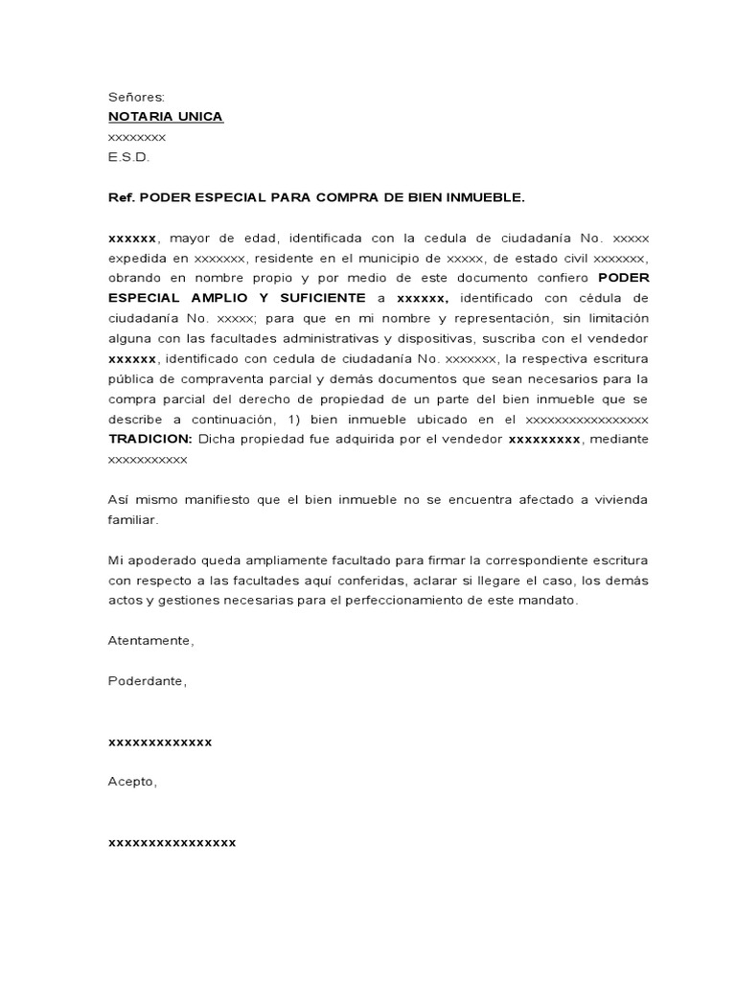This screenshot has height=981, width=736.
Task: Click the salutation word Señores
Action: (136, 97)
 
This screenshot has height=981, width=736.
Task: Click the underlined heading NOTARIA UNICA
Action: (166, 117)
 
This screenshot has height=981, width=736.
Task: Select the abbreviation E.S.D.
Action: (129, 157)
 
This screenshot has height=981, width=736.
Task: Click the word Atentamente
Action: (151, 641)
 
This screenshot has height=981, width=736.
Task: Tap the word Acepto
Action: (132, 782)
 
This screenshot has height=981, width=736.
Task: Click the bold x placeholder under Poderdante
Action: (160, 741)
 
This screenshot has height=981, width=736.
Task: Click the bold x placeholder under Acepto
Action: (172, 842)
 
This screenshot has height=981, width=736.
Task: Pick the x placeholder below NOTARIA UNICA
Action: (137, 137)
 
